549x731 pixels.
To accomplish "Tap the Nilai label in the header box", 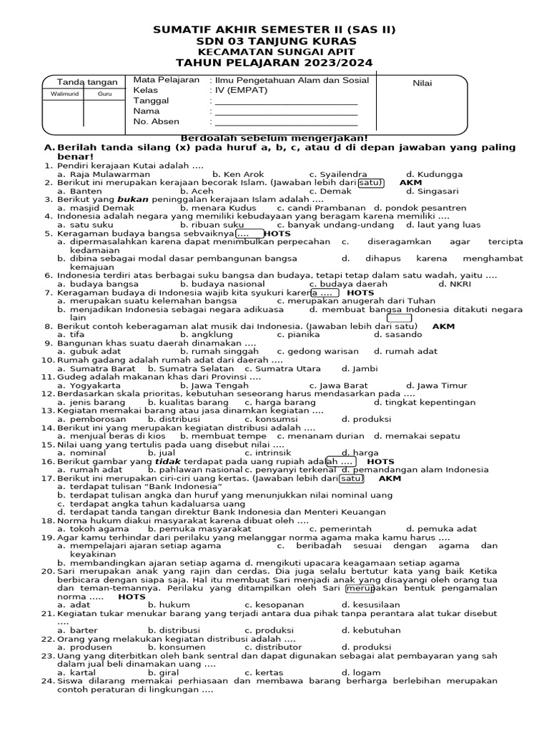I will point(422,84).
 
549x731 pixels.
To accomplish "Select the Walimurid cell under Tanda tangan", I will point(63,94).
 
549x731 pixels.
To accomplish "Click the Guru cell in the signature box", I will point(104,94).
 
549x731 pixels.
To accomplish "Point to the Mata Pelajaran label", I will point(166,80).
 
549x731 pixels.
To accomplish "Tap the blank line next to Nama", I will point(286,111).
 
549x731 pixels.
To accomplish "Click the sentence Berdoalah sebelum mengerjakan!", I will point(274,138).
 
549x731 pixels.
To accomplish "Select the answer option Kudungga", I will point(434,174).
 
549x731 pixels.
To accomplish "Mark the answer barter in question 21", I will point(78,630).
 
